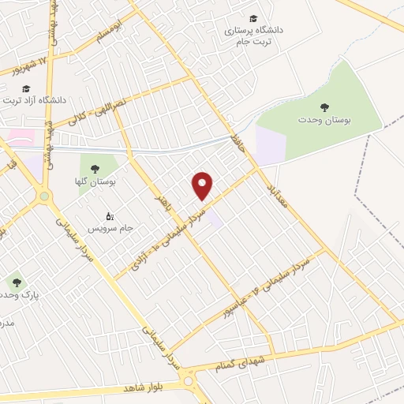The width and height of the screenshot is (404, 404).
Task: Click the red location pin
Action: [203, 185]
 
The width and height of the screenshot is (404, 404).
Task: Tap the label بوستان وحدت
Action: [323, 119]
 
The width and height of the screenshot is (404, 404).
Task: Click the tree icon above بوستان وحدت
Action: [323, 107]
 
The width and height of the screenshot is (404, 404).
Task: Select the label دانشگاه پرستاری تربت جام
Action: [253, 36]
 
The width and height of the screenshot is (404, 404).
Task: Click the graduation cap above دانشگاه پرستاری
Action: [252, 18]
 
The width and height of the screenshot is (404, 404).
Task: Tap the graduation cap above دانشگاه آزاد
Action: [26, 88]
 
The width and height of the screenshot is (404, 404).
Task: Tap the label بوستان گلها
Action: [100, 182]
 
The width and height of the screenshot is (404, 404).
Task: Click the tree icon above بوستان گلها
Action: [95, 169]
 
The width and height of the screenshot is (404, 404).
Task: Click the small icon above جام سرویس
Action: [110, 215]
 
